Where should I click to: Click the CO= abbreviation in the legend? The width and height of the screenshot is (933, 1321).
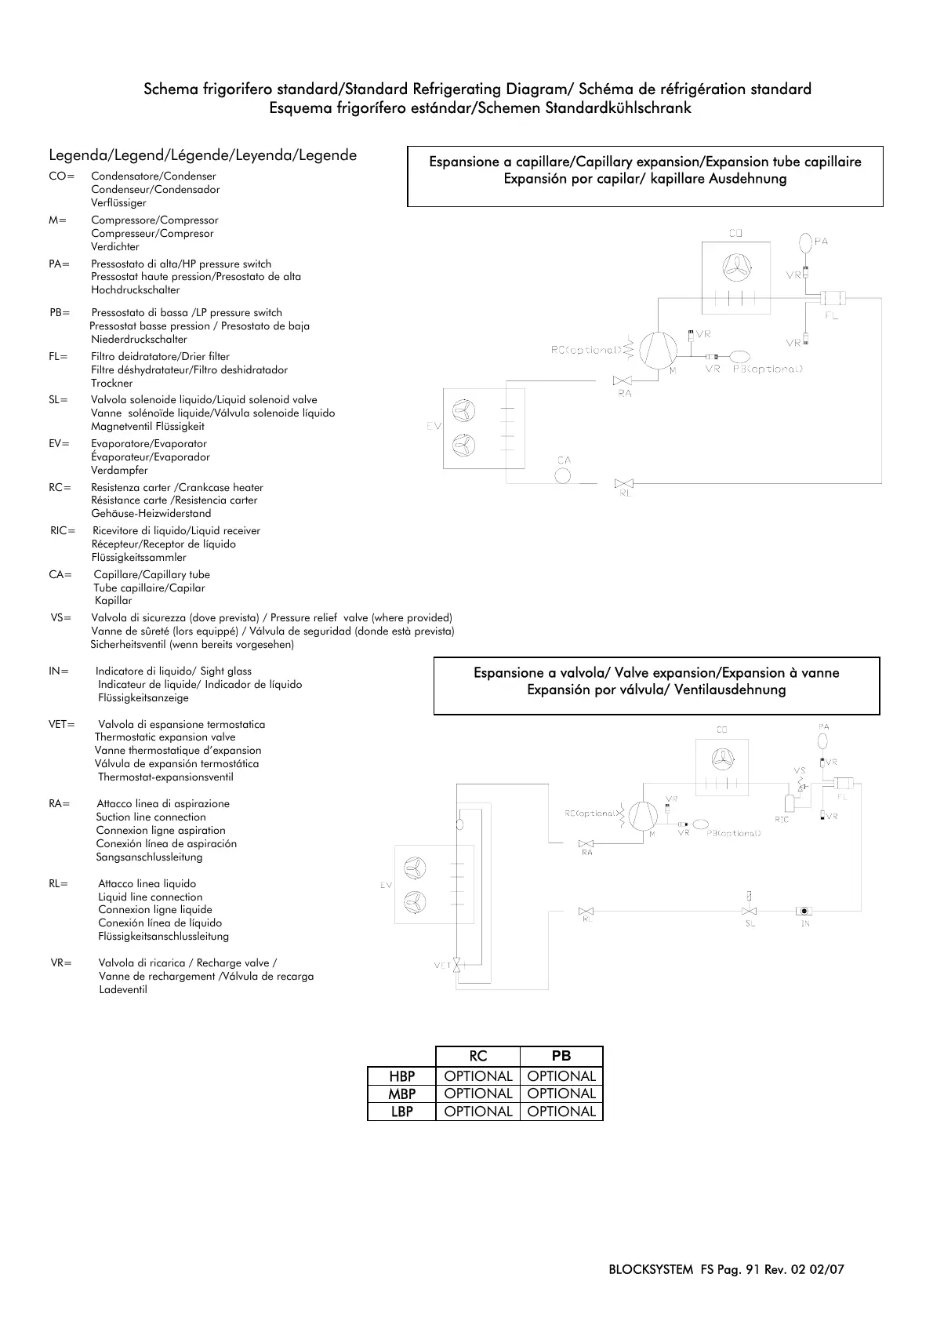(x=61, y=176)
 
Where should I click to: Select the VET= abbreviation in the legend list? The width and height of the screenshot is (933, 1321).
(x=62, y=724)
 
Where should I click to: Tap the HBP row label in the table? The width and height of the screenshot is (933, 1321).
(x=401, y=1076)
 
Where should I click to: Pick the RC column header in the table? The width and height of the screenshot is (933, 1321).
(x=477, y=1056)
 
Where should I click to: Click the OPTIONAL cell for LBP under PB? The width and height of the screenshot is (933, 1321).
(x=561, y=1112)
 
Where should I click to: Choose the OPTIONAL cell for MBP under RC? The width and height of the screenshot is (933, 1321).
(x=477, y=1094)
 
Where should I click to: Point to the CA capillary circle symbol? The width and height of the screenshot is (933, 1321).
(x=563, y=475)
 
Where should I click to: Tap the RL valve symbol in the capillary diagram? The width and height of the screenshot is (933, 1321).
(x=625, y=482)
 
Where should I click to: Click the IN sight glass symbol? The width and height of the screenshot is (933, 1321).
(x=804, y=911)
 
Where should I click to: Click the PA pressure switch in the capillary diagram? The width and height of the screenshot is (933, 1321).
(x=806, y=241)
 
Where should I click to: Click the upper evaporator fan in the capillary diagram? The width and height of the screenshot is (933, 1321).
(x=464, y=410)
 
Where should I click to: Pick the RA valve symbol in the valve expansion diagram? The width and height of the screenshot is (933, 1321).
(x=586, y=843)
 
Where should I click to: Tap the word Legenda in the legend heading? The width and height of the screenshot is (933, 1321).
(x=74, y=155)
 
